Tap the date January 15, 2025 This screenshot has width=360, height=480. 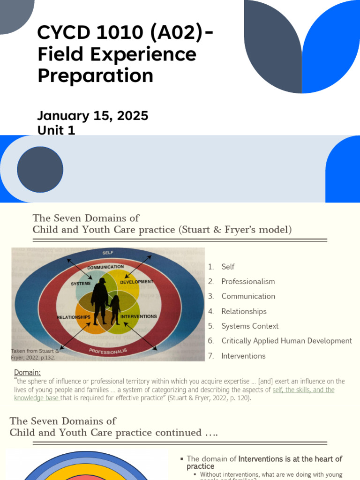[x=93, y=116]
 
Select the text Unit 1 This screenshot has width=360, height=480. [x=56, y=130]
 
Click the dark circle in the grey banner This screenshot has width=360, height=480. [x=40, y=169]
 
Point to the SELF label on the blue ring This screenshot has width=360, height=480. [x=108, y=253]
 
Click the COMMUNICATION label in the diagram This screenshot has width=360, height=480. [x=105, y=267]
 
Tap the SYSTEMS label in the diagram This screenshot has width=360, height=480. [x=81, y=284]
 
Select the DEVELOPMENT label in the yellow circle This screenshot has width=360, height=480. [x=136, y=282]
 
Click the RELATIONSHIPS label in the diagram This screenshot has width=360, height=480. [x=74, y=317]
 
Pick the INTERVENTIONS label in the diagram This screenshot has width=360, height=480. [x=138, y=317]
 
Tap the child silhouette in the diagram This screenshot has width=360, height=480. [x=115, y=309]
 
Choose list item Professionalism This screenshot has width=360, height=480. [x=248, y=281]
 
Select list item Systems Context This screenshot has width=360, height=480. [x=250, y=326]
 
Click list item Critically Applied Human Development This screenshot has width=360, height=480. [x=286, y=341]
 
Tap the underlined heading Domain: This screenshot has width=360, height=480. [x=27, y=372]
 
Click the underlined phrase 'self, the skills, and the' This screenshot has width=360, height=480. [x=303, y=390]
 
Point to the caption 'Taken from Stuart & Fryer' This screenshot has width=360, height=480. [x=35, y=354]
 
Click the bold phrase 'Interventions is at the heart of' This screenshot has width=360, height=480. [x=290, y=459]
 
